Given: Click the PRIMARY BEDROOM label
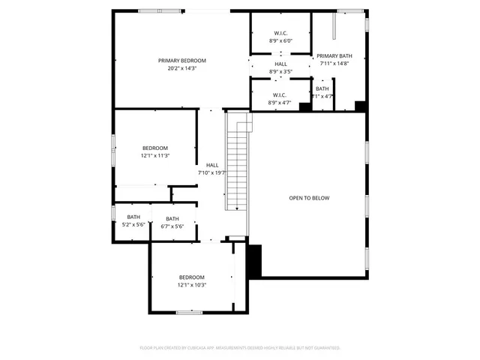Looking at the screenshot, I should tap(181, 60).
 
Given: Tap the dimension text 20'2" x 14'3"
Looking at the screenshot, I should tap(181, 68).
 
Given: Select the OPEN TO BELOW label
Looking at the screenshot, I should tap(309, 198).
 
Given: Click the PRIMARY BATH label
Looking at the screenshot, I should tap(334, 56).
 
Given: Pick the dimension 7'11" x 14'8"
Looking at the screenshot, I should tap(334, 64).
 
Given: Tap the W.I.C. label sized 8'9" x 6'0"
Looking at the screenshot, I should tap(280, 33).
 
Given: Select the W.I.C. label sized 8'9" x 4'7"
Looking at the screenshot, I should tap(280, 94).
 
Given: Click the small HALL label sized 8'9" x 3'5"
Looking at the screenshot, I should tap(280, 64).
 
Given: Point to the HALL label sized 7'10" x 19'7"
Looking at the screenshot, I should tap(212, 165).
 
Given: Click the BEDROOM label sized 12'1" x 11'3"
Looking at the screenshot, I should tap(154, 148).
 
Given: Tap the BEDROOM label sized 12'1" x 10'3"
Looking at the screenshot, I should tap(191, 277).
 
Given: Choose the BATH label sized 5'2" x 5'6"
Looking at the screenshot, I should tap(133, 217).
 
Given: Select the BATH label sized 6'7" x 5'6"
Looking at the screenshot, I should tap(172, 219).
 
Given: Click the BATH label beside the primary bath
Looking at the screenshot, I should tap(322, 88).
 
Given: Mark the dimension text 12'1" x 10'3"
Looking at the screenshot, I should tap(191, 285).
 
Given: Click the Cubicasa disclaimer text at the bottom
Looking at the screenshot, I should tap(240, 348).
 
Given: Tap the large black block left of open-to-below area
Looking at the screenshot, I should tap(254, 260).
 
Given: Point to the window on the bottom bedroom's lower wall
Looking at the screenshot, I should tap(188, 312).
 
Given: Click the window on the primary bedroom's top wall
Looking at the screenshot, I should tap(154, 10).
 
